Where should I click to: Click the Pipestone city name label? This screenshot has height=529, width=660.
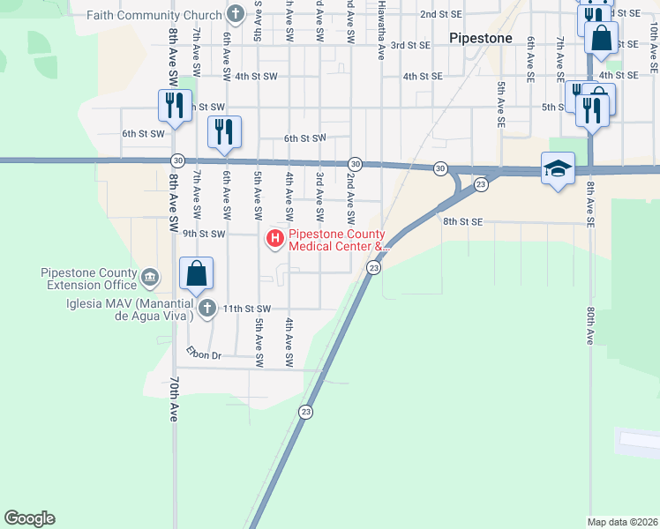[x=481, y=39]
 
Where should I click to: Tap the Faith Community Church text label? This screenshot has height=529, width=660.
[x=158, y=15]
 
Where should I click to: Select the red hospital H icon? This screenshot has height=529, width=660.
[x=274, y=237]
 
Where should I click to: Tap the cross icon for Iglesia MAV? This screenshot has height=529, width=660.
[x=206, y=308]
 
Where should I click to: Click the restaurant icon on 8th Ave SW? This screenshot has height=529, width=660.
[x=173, y=106]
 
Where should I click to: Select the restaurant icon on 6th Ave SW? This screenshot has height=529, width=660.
[x=222, y=132]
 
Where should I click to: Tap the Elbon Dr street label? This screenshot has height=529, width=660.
[x=203, y=354]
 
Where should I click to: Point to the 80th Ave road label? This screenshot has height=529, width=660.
[x=589, y=325]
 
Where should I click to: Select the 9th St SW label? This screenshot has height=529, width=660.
[x=204, y=235]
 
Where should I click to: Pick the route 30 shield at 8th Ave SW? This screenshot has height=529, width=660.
[x=178, y=161]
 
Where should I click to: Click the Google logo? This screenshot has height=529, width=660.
[x=29, y=518]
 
